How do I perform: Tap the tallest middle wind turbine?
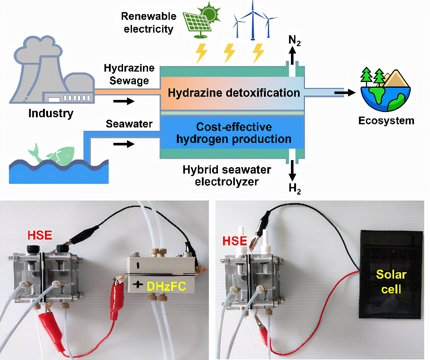[x=253, y=21]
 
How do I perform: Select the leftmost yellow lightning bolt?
[x=202, y=53]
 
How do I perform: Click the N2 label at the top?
[x=294, y=41]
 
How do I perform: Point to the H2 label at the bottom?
[x=294, y=188]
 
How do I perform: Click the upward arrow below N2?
[x=292, y=55]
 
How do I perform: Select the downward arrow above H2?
[x=292, y=171]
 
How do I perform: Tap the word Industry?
[x=51, y=113]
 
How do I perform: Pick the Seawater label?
[x=129, y=124]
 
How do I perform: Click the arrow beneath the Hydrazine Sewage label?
[x=124, y=102]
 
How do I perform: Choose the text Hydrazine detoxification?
[x=234, y=93]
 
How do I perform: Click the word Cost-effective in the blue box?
[x=234, y=127]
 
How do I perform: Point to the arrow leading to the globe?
[x=344, y=93]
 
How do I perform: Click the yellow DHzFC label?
[x=166, y=286]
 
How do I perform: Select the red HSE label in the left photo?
[x=40, y=235]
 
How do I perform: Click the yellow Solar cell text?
[x=391, y=282]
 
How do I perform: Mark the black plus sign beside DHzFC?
[x=138, y=284]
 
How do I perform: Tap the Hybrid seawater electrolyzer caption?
[x=227, y=176]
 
